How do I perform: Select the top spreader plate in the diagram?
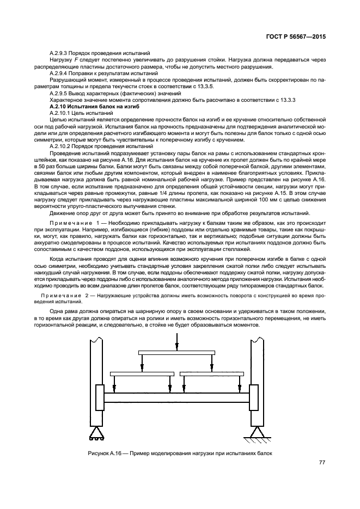pos(175,353)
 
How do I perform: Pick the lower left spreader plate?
pos(142,374)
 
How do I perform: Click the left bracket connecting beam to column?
pos(99,398)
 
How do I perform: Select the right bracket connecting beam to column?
pos(253,398)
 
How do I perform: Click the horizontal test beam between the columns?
pos(176,398)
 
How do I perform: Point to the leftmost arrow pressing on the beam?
pos(114,385)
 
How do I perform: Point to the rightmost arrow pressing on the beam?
pos(239,385)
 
